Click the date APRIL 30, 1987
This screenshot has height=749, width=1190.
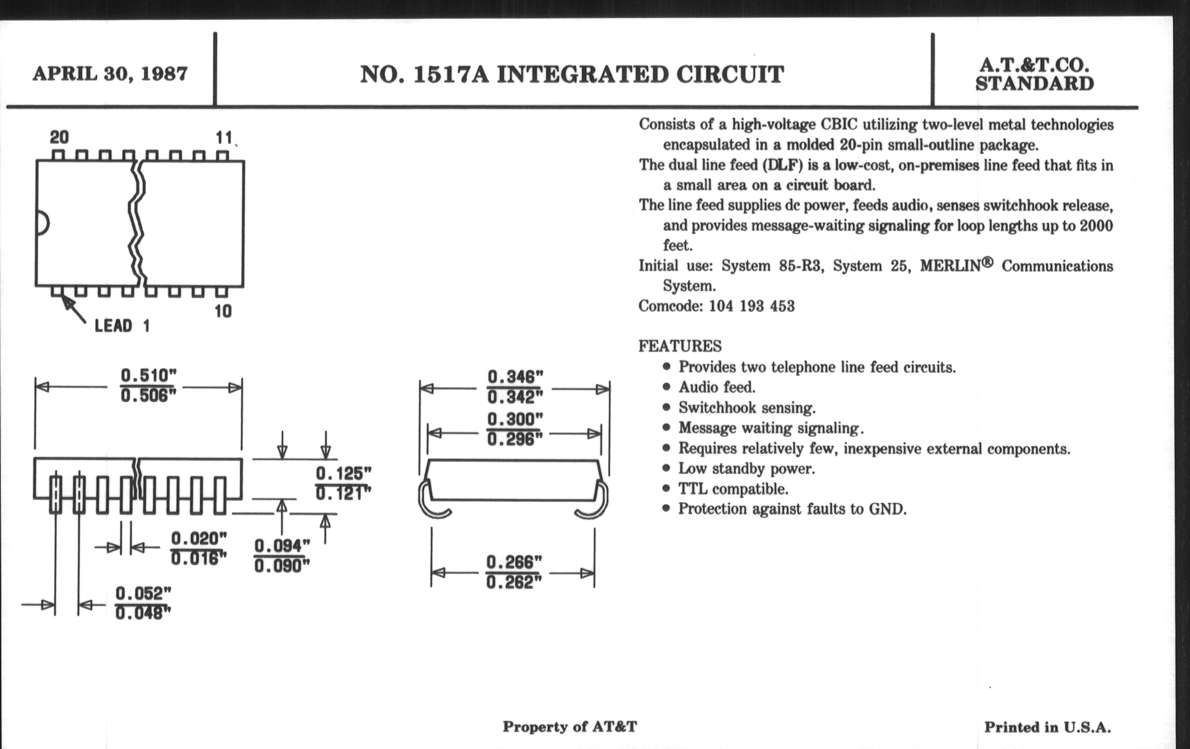110,73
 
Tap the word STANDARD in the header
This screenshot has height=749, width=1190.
1034,84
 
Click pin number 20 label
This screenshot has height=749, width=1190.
59,137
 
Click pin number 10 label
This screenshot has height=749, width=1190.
223,311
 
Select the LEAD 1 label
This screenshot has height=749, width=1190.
121,326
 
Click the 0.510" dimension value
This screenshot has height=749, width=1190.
148,375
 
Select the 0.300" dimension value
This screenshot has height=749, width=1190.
514,419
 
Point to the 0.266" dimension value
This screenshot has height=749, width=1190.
514,562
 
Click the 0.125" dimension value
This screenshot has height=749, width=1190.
343,473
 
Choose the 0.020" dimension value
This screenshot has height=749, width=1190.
199,538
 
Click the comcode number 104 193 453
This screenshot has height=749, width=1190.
752,306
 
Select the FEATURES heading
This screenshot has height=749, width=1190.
680,346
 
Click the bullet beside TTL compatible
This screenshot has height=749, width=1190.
666,489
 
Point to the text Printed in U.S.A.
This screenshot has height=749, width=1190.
1047,727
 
